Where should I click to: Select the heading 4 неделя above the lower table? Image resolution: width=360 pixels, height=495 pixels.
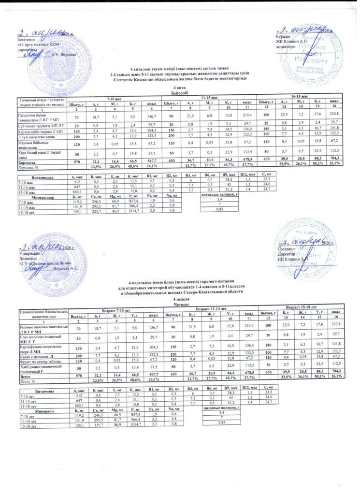coord(180,299)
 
